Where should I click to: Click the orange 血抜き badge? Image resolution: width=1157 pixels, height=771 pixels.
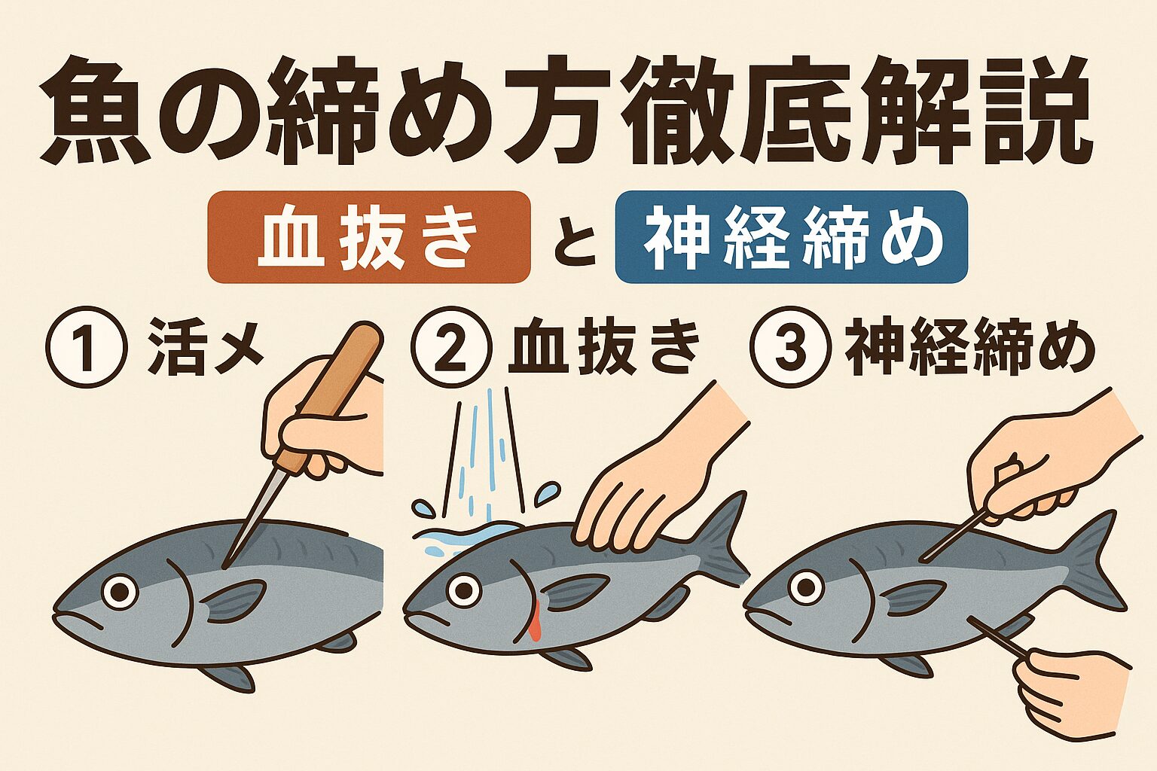(x=369, y=237)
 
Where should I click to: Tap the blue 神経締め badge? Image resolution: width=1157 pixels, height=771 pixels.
(x=791, y=237)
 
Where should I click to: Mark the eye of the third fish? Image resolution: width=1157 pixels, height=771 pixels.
(x=806, y=585)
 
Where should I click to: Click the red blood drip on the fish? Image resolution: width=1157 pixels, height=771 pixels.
(x=535, y=625)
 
